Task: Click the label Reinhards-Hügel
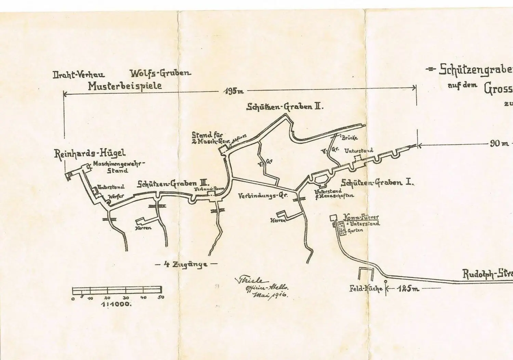coord(90,153)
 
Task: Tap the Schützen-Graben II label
coord(285,107)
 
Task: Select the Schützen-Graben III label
coord(173,184)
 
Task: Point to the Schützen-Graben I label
coord(377,182)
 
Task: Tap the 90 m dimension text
coord(499,144)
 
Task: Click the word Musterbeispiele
coord(125,86)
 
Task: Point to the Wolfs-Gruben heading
coord(160,73)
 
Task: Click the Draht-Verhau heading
coord(79,75)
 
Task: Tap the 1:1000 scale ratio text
coord(116,304)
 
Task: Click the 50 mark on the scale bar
coord(161,297)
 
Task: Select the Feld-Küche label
coord(366,288)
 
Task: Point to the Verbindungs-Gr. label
coord(263,196)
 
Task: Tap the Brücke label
coord(350,138)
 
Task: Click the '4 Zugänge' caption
coord(186,264)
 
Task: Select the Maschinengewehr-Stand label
coord(119,167)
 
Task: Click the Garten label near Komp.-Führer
coord(355,231)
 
